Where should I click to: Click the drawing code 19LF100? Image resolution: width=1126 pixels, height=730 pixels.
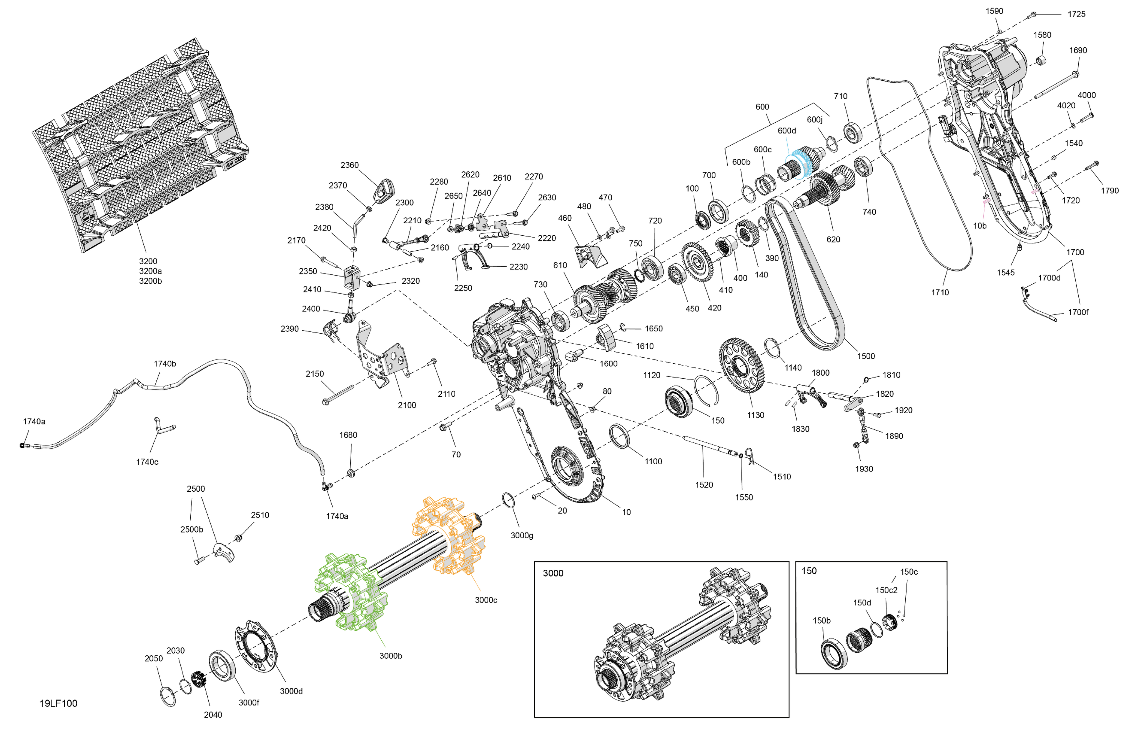pyautogui.click(x=58, y=703)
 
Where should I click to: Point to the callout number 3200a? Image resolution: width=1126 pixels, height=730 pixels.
pyautogui.click(x=150, y=271)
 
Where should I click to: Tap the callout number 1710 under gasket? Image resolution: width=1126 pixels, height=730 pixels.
pyautogui.click(x=939, y=292)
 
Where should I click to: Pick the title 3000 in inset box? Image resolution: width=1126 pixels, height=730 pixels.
pyautogui.click(x=552, y=573)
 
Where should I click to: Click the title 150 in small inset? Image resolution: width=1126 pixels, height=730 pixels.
pyautogui.click(x=808, y=570)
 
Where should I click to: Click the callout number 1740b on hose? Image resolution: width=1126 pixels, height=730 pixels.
pyautogui.click(x=165, y=364)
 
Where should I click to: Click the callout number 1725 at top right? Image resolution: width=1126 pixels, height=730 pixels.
pyautogui.click(x=1076, y=14)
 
